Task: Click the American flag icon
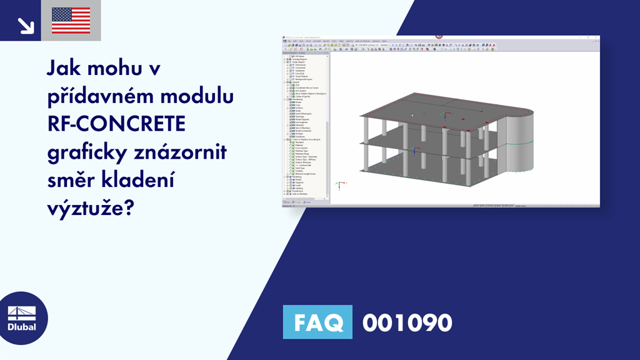(71, 21)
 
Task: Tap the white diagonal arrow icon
(26, 25)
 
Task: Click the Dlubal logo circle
(22, 318)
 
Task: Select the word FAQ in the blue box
(317, 322)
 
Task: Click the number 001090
(407, 322)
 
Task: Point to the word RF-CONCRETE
(116, 125)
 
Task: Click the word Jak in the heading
(64, 69)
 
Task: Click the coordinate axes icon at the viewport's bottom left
(338, 185)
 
